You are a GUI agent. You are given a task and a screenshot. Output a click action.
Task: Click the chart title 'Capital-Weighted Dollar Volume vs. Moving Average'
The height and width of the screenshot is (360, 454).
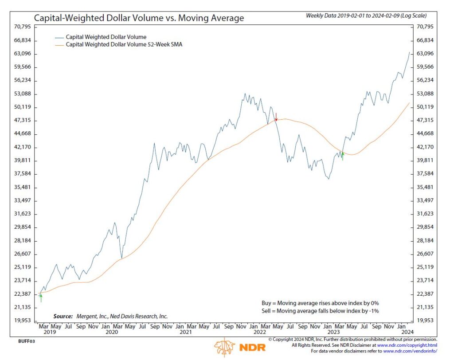(x=139, y=18)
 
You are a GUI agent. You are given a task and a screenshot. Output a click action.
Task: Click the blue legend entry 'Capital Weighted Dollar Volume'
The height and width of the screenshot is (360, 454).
(x=106, y=37)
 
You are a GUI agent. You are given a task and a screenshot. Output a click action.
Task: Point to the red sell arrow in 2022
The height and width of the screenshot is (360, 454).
(x=276, y=117)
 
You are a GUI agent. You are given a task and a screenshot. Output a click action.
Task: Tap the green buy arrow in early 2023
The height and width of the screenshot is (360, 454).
(x=343, y=156)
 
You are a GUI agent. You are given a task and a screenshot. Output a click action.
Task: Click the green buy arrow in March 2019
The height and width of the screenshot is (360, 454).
(x=41, y=297)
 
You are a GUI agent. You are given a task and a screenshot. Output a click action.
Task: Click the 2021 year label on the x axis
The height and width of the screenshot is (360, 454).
(x=186, y=332)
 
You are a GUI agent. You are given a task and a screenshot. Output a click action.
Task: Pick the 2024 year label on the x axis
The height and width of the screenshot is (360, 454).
(x=407, y=332)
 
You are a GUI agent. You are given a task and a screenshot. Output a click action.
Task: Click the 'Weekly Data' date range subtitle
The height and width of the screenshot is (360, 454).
(x=367, y=16)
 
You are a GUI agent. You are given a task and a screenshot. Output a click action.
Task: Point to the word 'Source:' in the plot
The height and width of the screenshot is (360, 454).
(x=63, y=316)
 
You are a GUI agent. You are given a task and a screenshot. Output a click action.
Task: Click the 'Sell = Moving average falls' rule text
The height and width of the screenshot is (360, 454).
(x=320, y=311)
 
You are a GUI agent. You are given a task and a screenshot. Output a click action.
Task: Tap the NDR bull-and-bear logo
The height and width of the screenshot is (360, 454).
(x=225, y=346)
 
